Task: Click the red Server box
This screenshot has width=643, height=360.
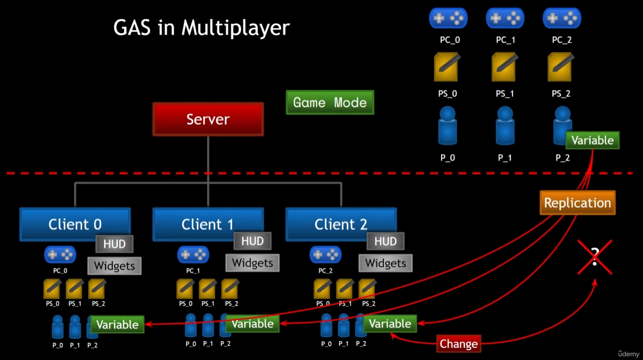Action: (208, 119)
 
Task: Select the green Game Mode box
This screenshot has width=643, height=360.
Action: (330, 102)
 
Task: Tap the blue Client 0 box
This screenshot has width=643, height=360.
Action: (75, 224)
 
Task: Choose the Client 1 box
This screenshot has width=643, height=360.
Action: (207, 224)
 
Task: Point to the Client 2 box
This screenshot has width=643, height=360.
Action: (341, 224)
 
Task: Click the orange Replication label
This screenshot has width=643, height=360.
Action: (577, 203)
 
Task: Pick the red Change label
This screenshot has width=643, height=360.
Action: (459, 344)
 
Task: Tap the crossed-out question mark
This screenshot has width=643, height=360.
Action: (595, 257)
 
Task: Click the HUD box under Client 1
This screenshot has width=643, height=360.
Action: (252, 241)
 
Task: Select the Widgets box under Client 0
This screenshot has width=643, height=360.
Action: (114, 266)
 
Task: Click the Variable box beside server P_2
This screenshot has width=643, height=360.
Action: (592, 140)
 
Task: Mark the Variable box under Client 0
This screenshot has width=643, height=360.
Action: (117, 325)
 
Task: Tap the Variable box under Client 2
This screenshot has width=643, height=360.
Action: (390, 324)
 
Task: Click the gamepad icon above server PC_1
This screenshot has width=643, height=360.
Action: (504, 18)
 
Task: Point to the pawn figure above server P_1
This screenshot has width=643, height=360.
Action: (505, 126)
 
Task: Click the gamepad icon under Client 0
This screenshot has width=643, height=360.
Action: (60, 254)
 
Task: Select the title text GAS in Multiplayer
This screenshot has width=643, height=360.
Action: (201, 28)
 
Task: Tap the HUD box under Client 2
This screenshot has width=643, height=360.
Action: (385, 241)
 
